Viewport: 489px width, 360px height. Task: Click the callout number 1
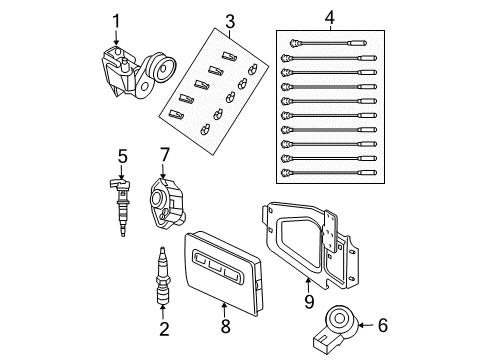(x=116, y=19)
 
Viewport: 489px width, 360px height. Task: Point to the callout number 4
(x=331, y=17)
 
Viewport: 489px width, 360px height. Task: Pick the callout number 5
(x=121, y=155)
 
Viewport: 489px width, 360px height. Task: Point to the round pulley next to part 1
(x=158, y=75)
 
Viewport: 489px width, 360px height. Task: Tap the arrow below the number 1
(x=116, y=38)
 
